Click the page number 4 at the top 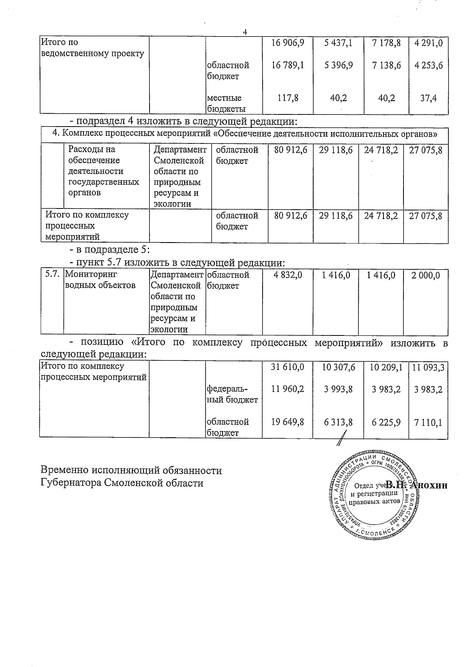(245, 33)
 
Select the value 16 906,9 (288, 43)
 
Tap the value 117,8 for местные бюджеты (288, 98)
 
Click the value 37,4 (429, 98)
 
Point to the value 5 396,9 (338, 65)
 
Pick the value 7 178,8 (387, 43)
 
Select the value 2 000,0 (425, 275)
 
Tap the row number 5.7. (52, 275)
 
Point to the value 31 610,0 (288, 367)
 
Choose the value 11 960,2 (288, 389)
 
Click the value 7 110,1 (428, 422)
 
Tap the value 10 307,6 (338, 367)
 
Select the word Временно (64, 470)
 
